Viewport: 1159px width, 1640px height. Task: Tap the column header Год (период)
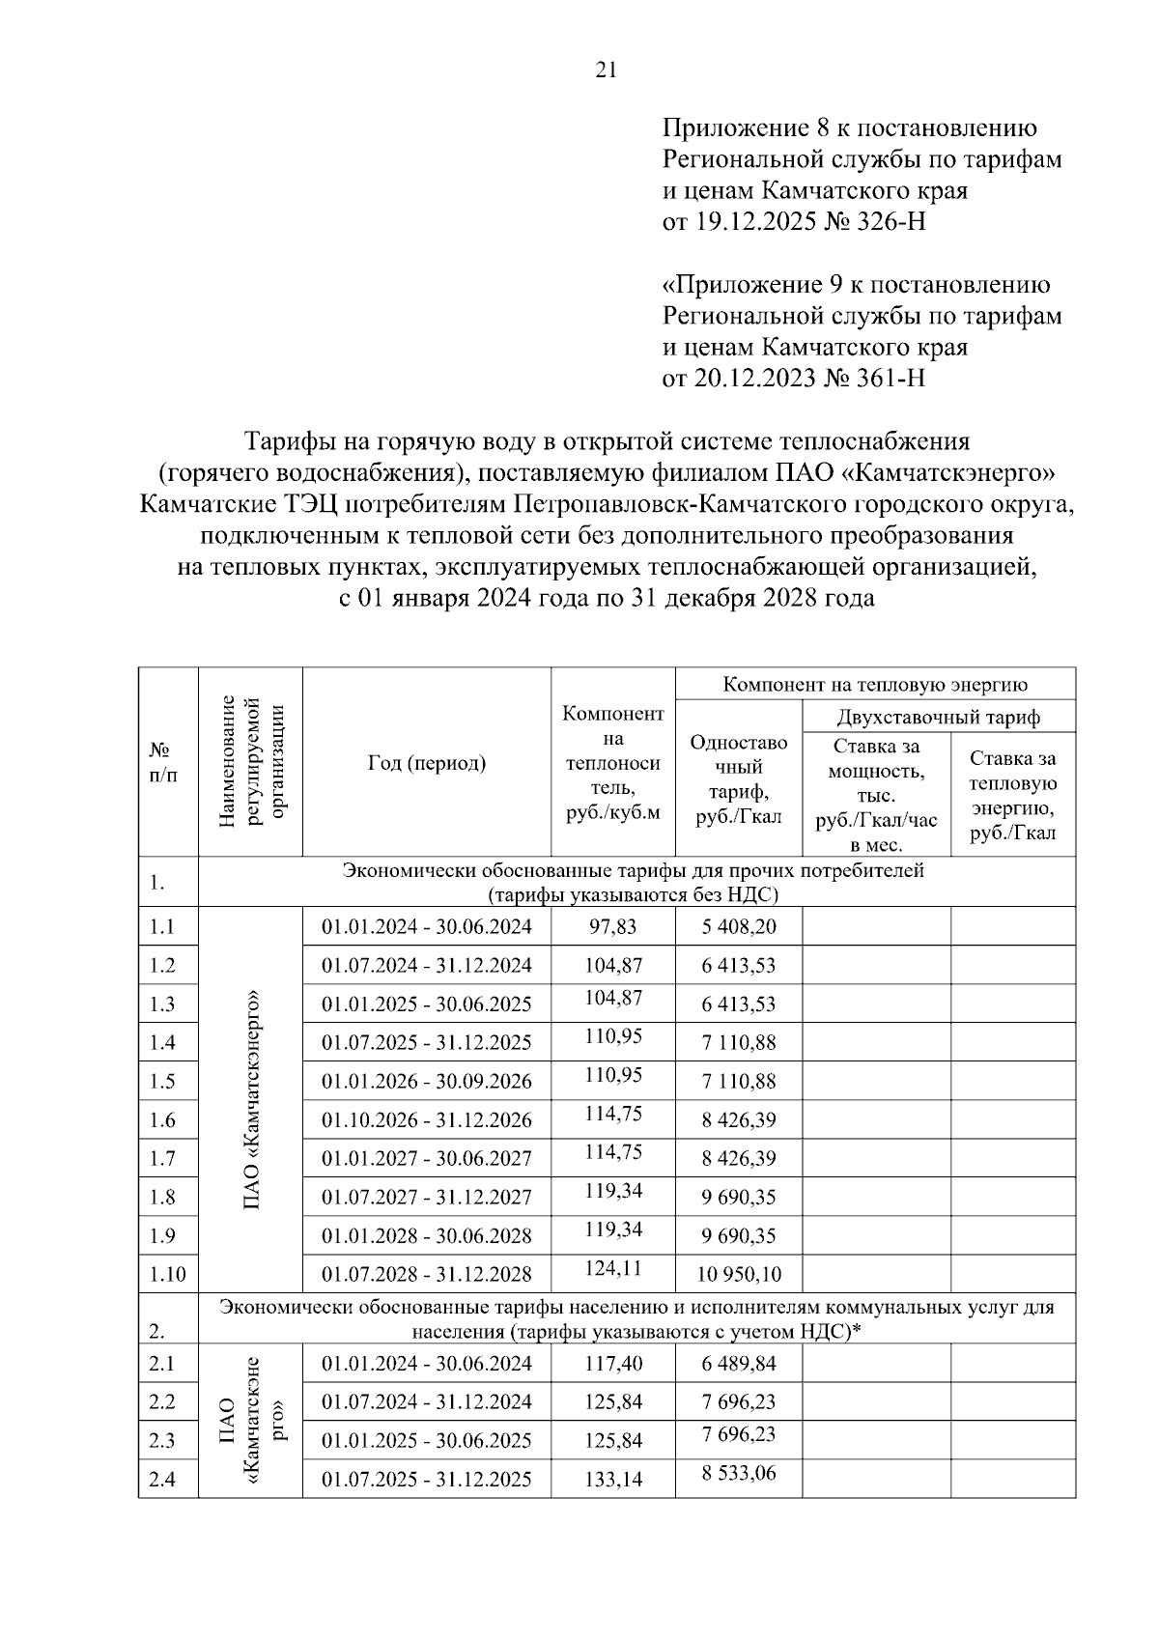[427, 763]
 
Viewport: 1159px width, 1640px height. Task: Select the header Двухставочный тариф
[939, 718]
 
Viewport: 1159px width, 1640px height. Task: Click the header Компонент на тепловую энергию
[875, 685]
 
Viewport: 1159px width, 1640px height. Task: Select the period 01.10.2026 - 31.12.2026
[427, 1120]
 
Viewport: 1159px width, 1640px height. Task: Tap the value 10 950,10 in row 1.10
[739, 1275]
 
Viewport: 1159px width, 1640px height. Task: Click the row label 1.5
[162, 1082]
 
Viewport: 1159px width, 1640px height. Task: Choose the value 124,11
[612, 1268]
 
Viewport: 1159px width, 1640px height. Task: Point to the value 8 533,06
[739, 1474]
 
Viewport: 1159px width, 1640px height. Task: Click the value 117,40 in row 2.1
[612, 1364]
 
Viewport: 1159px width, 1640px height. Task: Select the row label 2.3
[162, 1441]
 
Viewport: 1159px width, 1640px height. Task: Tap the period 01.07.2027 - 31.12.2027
[427, 1198]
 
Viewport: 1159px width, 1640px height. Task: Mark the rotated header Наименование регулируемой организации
[251, 761]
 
